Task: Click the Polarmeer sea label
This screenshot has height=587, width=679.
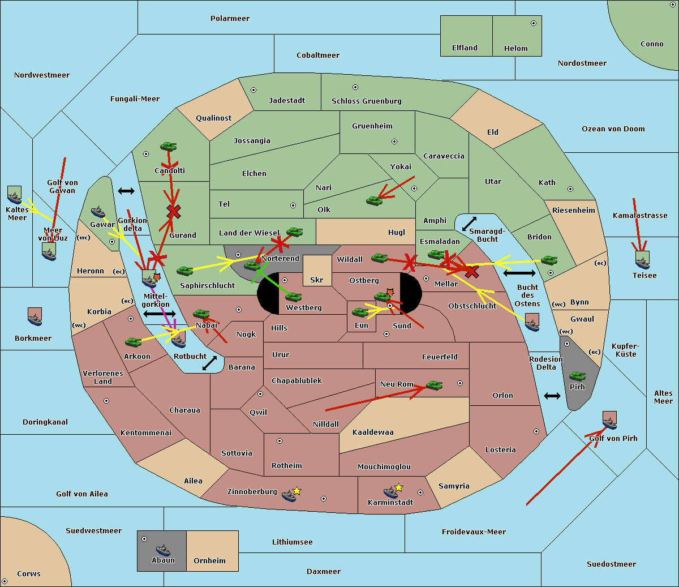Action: [230, 19]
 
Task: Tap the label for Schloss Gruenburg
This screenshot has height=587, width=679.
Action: [366, 101]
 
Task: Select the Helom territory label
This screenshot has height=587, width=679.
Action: [515, 49]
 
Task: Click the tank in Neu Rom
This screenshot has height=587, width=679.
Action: [434, 385]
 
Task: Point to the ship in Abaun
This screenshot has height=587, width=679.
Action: [163, 550]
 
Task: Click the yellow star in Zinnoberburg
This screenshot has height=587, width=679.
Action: [296, 491]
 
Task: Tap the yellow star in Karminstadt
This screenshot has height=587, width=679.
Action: [398, 487]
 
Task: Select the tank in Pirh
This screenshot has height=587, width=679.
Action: [577, 376]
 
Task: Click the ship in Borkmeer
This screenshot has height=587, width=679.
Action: [35, 318]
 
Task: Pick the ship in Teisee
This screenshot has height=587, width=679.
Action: [642, 260]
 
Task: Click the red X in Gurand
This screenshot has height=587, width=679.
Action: [174, 212]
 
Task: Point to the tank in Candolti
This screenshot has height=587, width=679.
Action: [169, 146]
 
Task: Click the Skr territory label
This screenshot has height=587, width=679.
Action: [317, 280]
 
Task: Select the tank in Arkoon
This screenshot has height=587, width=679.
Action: [133, 341]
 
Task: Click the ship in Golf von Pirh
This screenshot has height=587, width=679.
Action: [609, 421]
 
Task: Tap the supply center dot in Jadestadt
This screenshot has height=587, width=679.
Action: [253, 89]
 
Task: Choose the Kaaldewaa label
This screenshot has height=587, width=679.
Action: [373, 432]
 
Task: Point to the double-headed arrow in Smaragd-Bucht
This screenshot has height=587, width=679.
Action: [469, 224]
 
